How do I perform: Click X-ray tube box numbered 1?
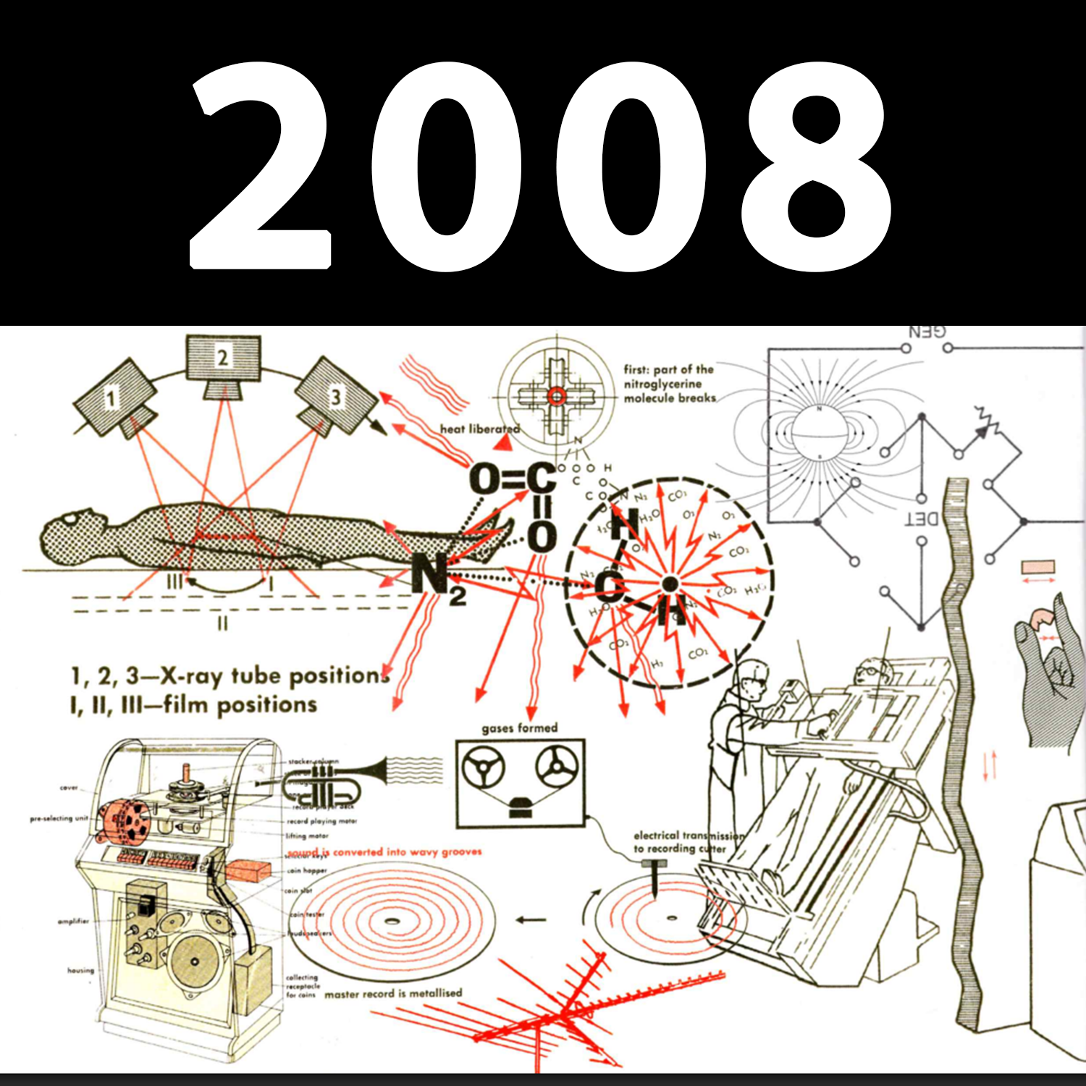[112, 398]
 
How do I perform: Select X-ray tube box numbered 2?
[223, 358]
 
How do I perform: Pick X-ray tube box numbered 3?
[334, 397]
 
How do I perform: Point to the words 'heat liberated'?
[479, 429]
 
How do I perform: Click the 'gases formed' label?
[519, 728]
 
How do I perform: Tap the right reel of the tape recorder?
[556, 767]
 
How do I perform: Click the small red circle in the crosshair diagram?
[556, 395]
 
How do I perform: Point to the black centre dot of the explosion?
[670, 583]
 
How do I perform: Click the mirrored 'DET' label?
[923, 518]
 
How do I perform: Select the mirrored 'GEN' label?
[927, 332]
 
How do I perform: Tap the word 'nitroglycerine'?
[662, 384]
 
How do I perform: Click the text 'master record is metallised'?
[392, 993]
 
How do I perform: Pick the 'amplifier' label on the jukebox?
[73, 921]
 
